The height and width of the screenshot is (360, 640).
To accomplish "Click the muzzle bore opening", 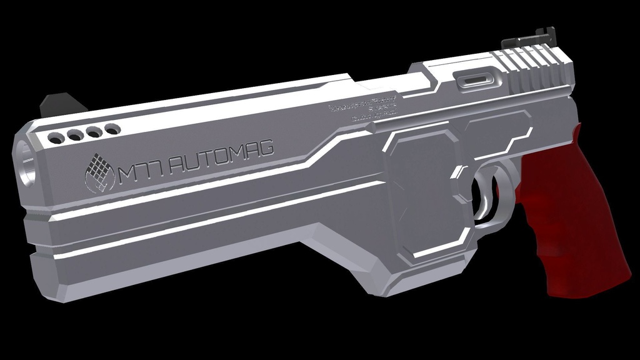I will pos(26,164).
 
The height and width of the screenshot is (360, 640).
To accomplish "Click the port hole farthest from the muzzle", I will pos(112,129).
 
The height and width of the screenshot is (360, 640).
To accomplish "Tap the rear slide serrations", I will pos(531,69).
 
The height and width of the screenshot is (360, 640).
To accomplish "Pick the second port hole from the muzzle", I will pos(76,135).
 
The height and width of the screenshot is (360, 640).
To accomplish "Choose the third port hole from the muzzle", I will pos(94,132).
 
